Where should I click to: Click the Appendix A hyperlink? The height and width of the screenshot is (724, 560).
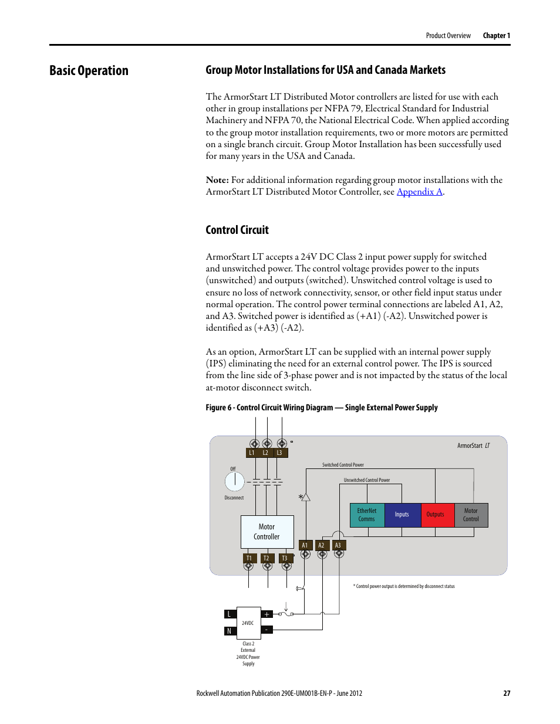(419, 192)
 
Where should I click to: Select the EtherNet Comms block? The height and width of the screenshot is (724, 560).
(367, 515)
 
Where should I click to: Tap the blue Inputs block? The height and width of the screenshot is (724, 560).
(402, 515)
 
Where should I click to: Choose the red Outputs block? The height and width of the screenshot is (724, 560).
(436, 515)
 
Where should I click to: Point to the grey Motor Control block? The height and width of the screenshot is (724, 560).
(471, 515)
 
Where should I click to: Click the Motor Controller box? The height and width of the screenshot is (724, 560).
(267, 532)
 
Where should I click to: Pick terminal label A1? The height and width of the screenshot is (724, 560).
(305, 545)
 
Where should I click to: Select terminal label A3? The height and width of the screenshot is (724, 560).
(338, 545)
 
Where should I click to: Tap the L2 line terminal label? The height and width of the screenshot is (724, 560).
(266, 453)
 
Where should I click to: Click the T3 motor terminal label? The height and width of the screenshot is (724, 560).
(285, 558)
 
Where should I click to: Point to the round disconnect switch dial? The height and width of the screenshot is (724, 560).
(234, 481)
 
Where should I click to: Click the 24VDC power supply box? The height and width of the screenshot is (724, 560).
(248, 623)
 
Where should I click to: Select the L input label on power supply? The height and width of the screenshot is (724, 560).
(230, 614)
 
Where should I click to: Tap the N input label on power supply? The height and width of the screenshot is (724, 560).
(230, 631)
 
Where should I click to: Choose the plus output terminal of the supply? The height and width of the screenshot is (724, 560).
(266, 614)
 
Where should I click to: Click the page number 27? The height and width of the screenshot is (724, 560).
(507, 693)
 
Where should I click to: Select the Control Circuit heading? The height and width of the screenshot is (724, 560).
(237, 230)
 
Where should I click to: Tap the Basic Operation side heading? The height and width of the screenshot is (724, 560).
(89, 70)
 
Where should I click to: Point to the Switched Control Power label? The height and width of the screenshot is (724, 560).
(343, 465)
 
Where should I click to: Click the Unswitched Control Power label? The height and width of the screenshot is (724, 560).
(367, 480)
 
